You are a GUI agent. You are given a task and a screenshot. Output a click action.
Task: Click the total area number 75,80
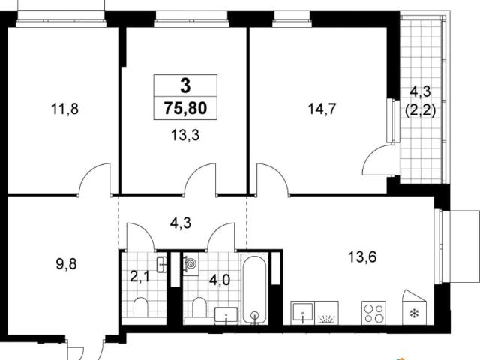click(185, 108)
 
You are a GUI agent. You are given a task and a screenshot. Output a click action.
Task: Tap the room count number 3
click(185, 85)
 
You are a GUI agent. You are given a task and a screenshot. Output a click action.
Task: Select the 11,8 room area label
click(65, 109)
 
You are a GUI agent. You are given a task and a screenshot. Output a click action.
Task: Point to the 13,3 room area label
click(185, 135)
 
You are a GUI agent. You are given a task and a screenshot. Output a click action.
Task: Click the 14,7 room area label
click(322, 109)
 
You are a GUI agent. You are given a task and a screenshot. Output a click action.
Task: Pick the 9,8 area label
click(67, 263)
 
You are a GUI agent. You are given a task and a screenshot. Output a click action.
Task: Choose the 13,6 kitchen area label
click(362, 256)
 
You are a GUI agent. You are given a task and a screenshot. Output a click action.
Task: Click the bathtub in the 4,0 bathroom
click(255, 289)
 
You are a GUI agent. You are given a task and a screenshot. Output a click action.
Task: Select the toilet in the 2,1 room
click(141, 307)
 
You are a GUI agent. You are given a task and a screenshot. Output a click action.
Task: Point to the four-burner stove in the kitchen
click(373, 313)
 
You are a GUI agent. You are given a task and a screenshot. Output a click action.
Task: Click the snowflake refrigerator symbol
click(415, 313)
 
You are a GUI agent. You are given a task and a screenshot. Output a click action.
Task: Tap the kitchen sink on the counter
click(303, 313)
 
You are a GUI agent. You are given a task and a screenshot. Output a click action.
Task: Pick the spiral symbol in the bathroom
click(191, 263)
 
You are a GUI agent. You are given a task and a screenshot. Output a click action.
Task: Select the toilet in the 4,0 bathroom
click(199, 307)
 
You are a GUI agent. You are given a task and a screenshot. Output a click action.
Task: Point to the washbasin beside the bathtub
click(226, 315)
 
